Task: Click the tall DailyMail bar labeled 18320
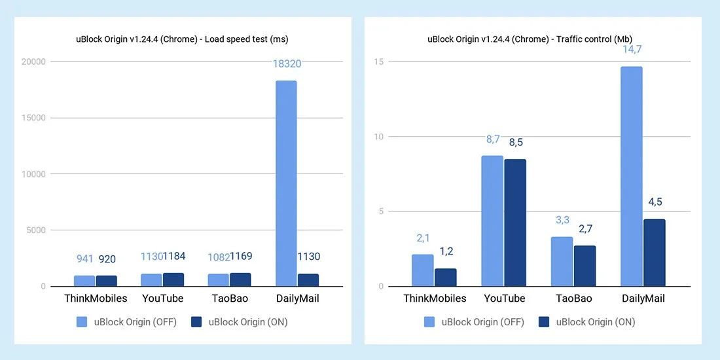(x=286, y=183)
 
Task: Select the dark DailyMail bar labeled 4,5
(x=654, y=253)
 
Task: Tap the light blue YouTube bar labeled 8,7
(x=492, y=221)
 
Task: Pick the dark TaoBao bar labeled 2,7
(x=585, y=266)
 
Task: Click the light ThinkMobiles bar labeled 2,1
(x=422, y=270)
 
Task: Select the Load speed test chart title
(x=182, y=39)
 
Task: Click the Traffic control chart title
(x=533, y=39)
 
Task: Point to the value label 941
(x=84, y=259)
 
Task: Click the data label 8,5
(x=515, y=143)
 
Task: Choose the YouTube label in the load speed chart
(x=163, y=298)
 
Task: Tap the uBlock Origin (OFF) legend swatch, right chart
(x=429, y=321)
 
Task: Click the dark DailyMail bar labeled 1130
(x=308, y=279)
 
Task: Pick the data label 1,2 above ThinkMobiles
(x=445, y=251)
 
